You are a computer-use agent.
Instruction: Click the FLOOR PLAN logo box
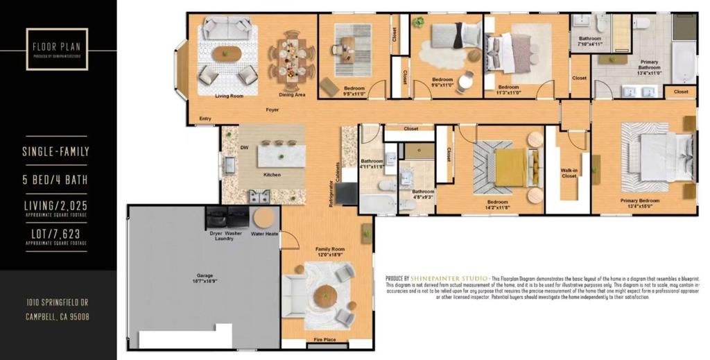57,49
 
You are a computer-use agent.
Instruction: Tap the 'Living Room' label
229,96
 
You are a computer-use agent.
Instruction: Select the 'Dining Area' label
292,94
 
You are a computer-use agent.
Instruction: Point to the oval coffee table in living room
227,53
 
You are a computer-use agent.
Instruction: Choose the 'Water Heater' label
265,234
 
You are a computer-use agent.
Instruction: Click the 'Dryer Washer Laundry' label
225,236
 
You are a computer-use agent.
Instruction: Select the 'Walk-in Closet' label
569,173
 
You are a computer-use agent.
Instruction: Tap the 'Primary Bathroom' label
649,67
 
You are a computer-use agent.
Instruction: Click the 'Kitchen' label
272,175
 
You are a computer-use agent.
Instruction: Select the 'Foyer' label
272,110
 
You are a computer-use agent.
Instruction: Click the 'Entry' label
205,119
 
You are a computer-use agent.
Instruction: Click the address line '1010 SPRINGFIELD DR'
57,302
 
